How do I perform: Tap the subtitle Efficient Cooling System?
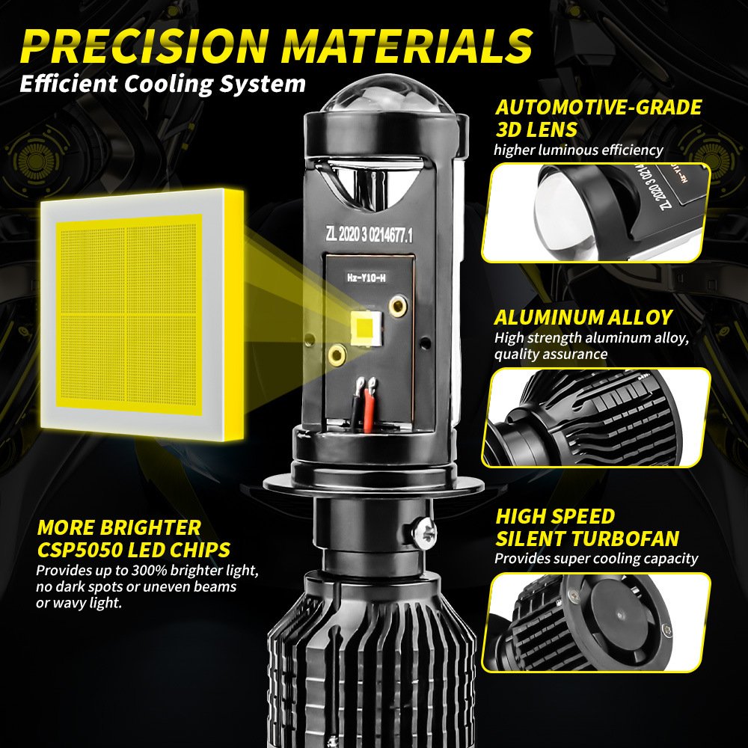pos(162,82)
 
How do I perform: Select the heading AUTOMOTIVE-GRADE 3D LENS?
pos(598,117)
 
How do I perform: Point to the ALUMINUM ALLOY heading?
pos(583,317)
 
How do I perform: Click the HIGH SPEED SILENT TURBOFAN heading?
pos(587,527)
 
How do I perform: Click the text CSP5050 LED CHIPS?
pos(133,551)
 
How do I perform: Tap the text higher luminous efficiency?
pos(577,150)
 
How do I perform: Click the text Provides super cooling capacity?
pos(595,558)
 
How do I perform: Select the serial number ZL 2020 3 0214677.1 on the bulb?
pos(370,235)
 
